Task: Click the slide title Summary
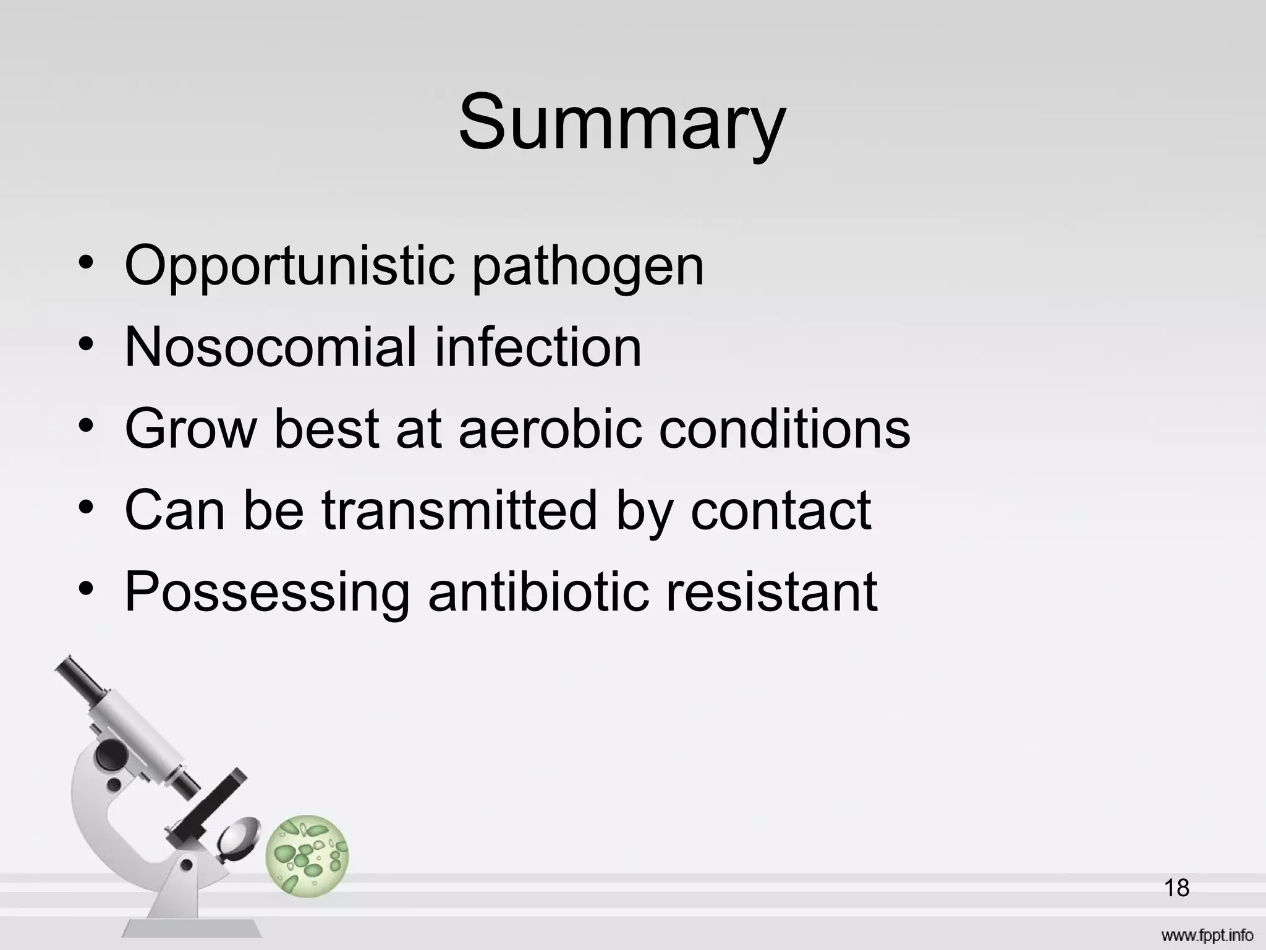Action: pyautogui.click(x=621, y=122)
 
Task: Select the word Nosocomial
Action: pyautogui.click(x=270, y=348)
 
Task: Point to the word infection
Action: pyautogui.click(x=538, y=348)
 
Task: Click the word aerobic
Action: pyautogui.click(x=550, y=429)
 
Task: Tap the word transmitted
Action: pyautogui.click(x=459, y=510)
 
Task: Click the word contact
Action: pyautogui.click(x=780, y=510)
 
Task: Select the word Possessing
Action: pyautogui.click(x=266, y=593)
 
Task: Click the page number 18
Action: pyautogui.click(x=1176, y=888)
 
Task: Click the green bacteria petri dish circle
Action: pyautogui.click(x=307, y=856)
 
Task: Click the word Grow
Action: pyautogui.click(x=190, y=429)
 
